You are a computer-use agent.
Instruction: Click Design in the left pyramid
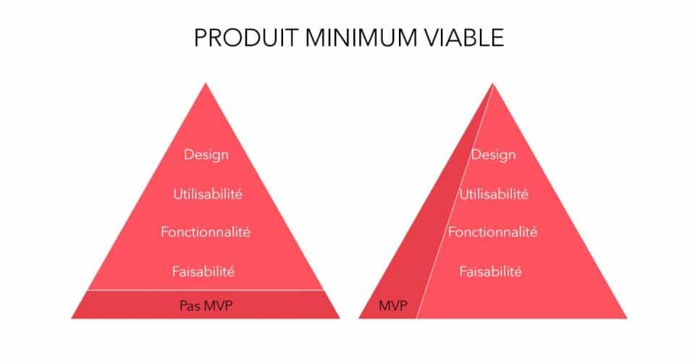(x=206, y=154)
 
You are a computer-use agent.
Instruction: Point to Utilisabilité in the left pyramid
(x=206, y=194)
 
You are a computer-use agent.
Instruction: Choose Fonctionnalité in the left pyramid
(x=206, y=232)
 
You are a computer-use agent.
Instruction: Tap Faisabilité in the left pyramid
(x=206, y=272)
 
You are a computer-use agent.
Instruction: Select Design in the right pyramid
(x=493, y=154)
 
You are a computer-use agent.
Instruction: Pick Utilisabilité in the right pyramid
(x=493, y=194)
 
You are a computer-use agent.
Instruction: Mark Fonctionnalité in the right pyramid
(x=493, y=232)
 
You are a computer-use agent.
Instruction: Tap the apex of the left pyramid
(x=206, y=84)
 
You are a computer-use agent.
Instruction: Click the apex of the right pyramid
(x=493, y=84)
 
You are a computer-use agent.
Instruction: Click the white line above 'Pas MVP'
(x=206, y=290)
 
